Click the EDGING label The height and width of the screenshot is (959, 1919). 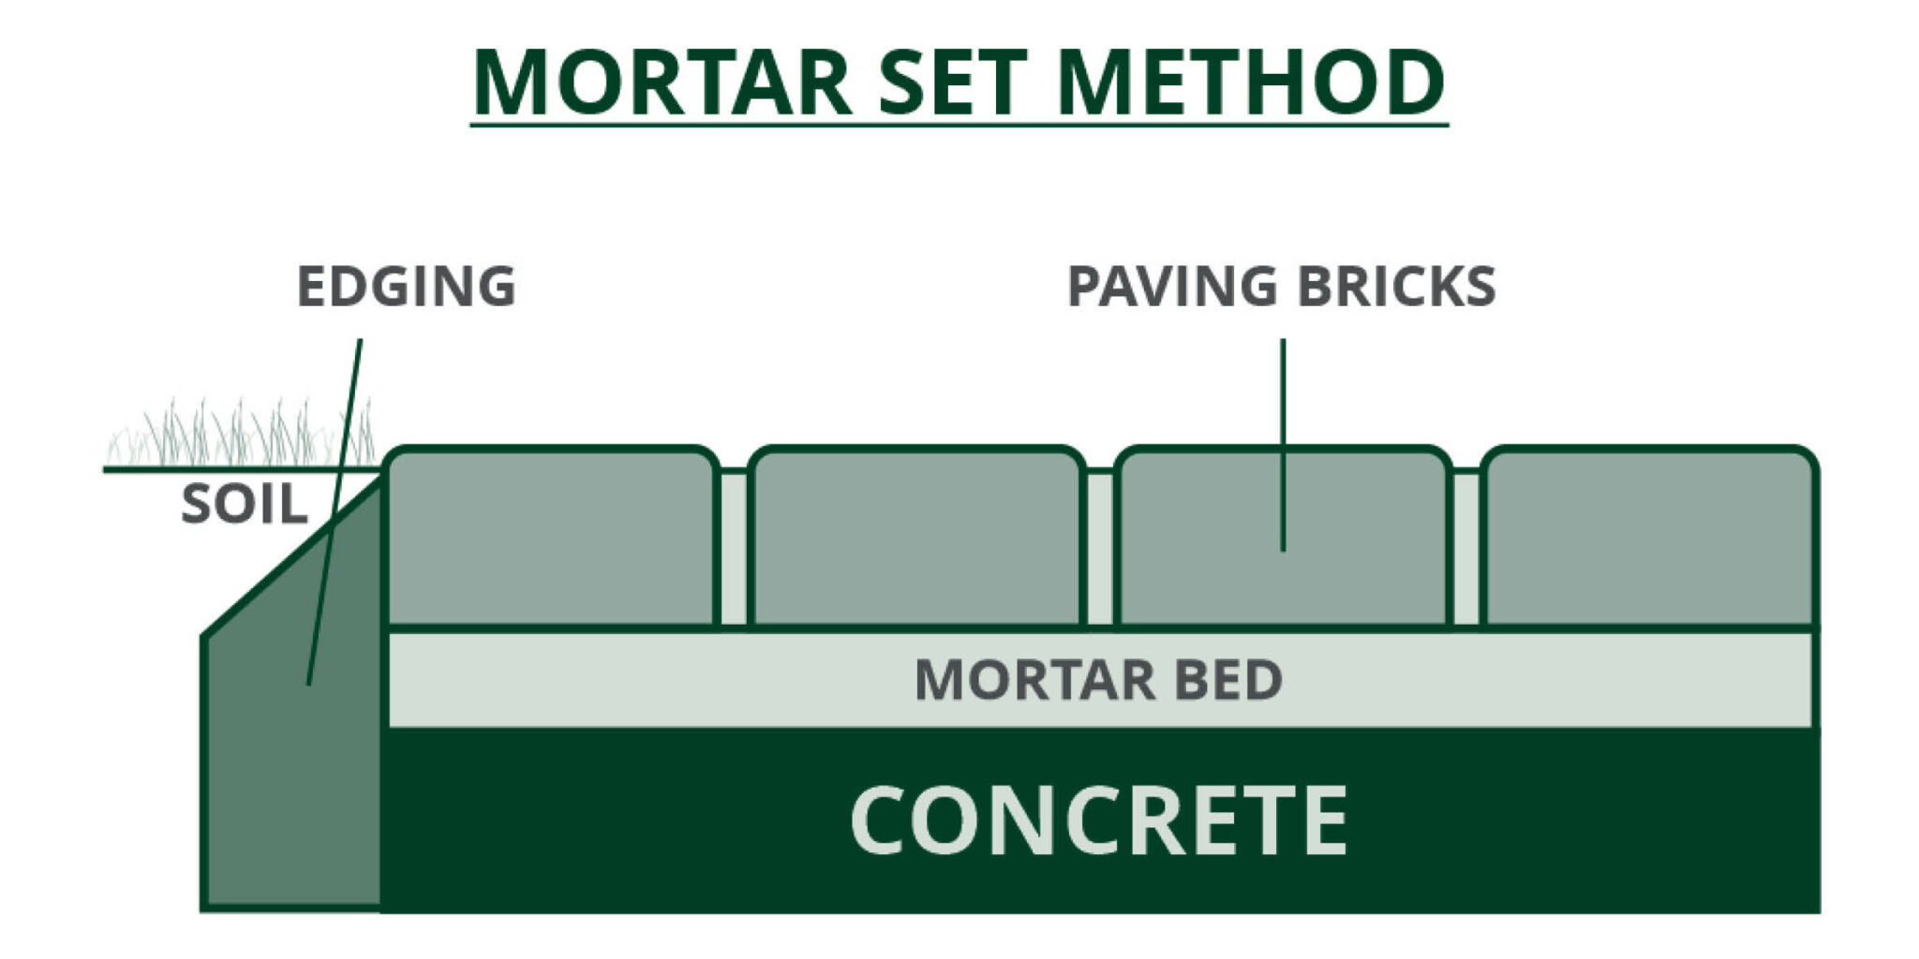[406, 287]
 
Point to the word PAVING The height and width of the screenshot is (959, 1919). [1171, 287]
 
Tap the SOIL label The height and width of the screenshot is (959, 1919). [244, 506]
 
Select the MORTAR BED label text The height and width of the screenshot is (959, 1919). [1098, 680]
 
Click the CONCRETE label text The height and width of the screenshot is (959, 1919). [1098, 820]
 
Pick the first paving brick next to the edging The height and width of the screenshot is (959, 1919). [551, 539]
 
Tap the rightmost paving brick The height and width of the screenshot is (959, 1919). [1649, 539]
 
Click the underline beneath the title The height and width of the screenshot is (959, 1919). [959, 123]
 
